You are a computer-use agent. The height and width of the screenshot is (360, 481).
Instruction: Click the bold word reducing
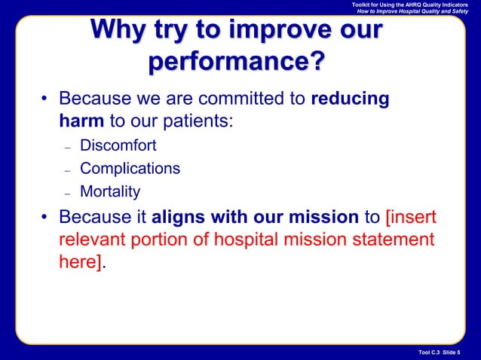(x=350, y=99)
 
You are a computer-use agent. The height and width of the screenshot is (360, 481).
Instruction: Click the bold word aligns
(x=179, y=218)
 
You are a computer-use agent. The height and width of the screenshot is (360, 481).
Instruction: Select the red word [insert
(x=411, y=218)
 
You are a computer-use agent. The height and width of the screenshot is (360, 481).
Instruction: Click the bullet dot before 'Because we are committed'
(x=45, y=101)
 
